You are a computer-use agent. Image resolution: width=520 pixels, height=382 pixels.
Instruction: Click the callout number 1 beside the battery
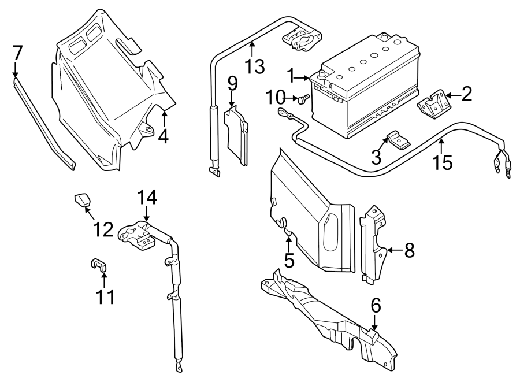pyautogui.click(x=292, y=76)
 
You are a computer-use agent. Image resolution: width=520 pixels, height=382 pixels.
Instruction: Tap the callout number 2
pyautogui.click(x=466, y=94)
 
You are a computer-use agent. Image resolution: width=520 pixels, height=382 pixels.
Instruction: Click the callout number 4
pyautogui.click(x=164, y=136)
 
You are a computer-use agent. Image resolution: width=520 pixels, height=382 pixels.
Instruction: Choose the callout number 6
pyautogui.click(x=376, y=306)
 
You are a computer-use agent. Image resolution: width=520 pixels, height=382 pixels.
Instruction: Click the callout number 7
pyautogui.click(x=17, y=53)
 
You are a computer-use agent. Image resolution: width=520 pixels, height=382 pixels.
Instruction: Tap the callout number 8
pyautogui.click(x=409, y=250)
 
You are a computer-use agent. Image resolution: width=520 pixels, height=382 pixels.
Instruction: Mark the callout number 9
pyautogui.click(x=232, y=84)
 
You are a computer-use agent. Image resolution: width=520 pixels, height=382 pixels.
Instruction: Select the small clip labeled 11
pyautogui.click(x=99, y=265)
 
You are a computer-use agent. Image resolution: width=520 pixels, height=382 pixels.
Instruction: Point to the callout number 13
pyautogui.click(x=253, y=65)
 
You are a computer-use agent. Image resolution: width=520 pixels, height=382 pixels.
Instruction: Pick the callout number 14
pyautogui.click(x=147, y=198)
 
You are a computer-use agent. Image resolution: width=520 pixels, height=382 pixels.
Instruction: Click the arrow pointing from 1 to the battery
pyautogui.click(x=304, y=76)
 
